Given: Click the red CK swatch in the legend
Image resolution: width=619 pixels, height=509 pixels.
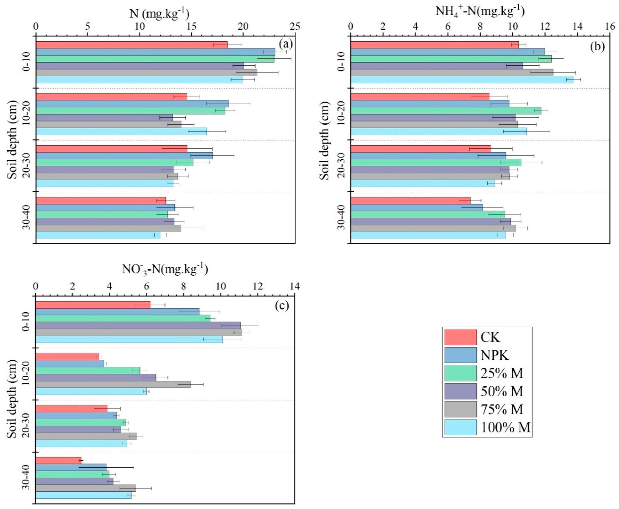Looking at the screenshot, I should pos(460,337).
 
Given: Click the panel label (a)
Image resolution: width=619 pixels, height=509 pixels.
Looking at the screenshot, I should pos(286,45).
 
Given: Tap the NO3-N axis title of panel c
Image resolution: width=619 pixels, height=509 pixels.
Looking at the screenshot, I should pos(165,269).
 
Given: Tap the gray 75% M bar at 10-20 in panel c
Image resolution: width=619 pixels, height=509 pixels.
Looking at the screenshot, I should pos(113,384).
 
